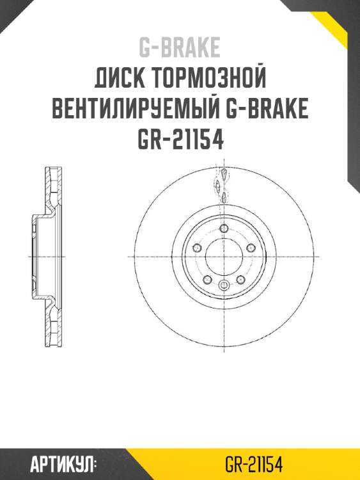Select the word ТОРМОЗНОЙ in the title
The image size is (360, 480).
click(x=208, y=79)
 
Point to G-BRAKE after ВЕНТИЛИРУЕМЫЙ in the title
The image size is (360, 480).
click(x=267, y=109)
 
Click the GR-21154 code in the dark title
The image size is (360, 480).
click(x=180, y=140)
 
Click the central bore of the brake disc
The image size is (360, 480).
click(x=223, y=257)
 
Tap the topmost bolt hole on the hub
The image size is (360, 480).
click(x=223, y=229)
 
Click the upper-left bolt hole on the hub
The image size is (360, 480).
click(x=198, y=248)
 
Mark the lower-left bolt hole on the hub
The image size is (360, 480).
click(x=207, y=279)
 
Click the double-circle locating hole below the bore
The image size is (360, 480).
click(x=223, y=285)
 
